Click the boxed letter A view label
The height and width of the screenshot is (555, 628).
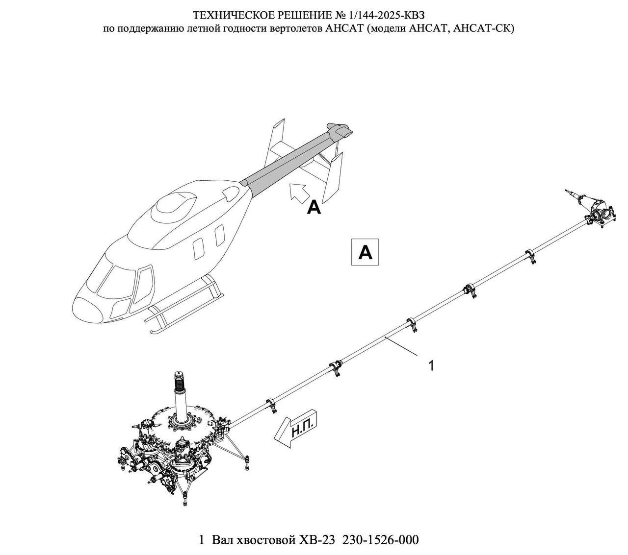click(x=366, y=252)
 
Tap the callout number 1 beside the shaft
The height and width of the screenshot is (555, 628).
click(x=431, y=365)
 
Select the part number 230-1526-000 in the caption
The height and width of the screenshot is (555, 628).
click(x=381, y=540)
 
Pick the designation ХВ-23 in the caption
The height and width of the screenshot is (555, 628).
click(x=316, y=540)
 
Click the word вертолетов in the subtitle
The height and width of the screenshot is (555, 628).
click(x=296, y=28)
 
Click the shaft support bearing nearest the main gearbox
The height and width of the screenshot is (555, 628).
click(x=271, y=406)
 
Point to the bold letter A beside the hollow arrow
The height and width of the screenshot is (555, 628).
click(x=314, y=208)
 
